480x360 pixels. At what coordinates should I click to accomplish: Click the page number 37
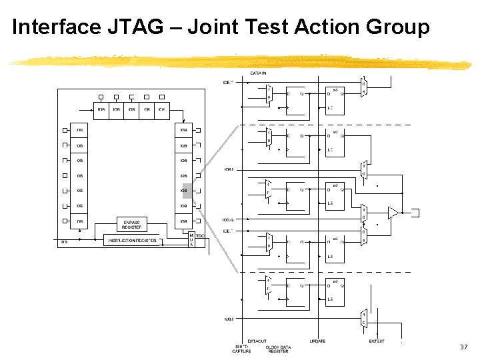click(464, 347)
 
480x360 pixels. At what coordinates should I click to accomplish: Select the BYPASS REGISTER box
click(131, 224)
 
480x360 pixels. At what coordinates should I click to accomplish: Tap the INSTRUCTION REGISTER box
click(131, 240)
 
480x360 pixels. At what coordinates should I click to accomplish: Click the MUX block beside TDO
click(191, 240)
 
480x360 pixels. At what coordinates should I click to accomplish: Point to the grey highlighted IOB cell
click(186, 191)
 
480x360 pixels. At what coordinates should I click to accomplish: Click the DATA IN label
click(258, 73)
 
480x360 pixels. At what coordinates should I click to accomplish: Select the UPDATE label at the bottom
click(317, 341)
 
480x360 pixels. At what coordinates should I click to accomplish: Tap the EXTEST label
click(376, 341)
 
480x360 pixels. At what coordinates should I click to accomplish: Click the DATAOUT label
click(257, 341)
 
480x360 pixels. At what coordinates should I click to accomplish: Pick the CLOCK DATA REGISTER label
click(278, 349)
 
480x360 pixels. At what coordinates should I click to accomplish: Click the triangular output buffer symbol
click(393, 213)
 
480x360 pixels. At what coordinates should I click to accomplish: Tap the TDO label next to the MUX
click(199, 235)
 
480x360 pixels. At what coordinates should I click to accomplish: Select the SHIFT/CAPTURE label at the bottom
click(241, 349)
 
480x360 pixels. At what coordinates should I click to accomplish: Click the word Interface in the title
click(57, 27)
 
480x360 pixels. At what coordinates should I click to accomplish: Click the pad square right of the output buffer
click(417, 213)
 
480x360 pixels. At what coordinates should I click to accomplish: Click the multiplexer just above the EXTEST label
click(363, 319)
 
